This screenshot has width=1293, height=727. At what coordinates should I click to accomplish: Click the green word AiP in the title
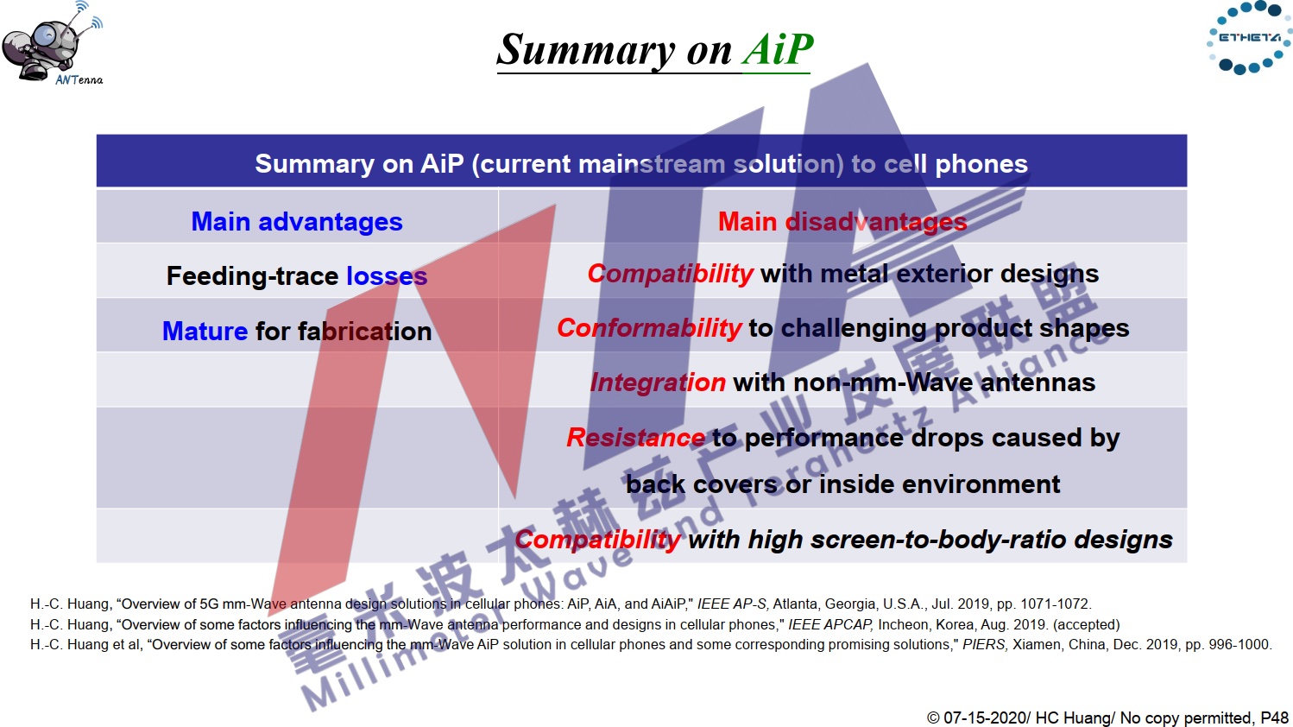777,50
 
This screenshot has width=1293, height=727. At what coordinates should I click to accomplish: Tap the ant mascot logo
53,43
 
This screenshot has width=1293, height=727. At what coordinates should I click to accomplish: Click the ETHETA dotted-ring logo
1250,38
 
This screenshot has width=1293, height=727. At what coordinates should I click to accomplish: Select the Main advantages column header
297,222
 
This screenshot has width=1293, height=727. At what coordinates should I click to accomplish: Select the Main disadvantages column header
842,222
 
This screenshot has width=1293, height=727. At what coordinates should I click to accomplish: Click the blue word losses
387,276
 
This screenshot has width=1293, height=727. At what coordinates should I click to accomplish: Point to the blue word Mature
205,332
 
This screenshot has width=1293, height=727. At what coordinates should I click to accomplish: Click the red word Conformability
649,328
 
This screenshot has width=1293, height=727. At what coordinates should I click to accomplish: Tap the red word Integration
658,382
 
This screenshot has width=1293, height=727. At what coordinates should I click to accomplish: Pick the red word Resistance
635,437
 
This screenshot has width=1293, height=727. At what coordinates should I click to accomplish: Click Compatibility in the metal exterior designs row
670,274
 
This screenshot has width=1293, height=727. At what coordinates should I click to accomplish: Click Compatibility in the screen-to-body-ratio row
597,540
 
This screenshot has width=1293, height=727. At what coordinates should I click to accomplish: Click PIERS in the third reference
984,644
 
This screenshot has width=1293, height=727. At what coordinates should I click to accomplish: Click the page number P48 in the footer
1275,718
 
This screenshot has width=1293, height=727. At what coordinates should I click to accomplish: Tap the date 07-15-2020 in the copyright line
985,718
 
